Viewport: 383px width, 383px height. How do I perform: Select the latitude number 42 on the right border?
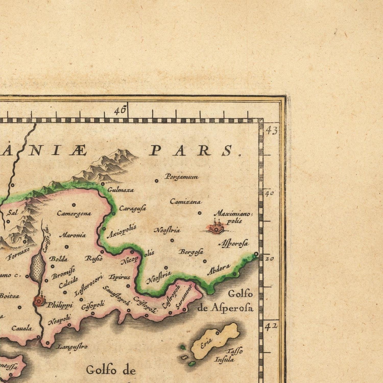pos(271,327)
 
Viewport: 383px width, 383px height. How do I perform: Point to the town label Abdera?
pos(218,270)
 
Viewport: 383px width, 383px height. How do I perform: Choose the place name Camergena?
pos(74,213)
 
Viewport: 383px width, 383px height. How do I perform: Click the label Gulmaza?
pos(121,190)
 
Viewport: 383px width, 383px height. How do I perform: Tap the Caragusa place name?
pos(133,208)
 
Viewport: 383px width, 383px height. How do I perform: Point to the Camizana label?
pos(185,202)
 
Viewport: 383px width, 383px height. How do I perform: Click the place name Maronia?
pos(73,235)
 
